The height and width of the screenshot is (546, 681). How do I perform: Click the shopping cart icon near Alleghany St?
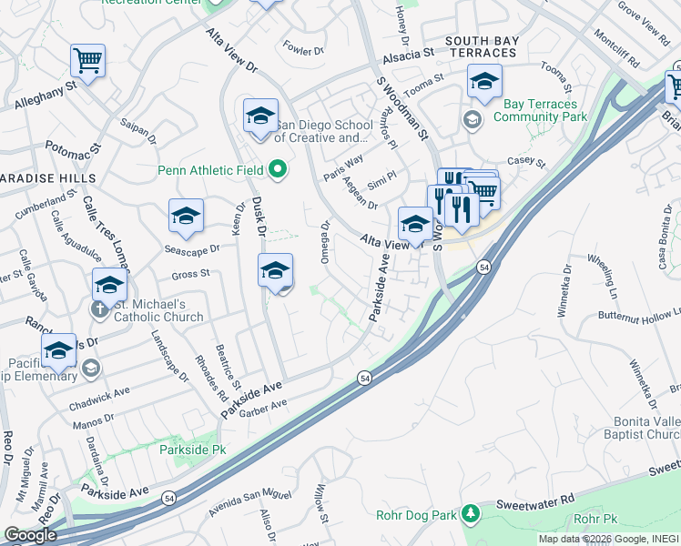[88, 61]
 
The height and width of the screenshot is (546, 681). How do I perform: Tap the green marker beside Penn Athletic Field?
[280, 169]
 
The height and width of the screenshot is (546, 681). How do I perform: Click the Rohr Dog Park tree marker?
[470, 515]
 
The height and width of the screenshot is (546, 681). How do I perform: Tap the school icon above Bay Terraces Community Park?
[485, 81]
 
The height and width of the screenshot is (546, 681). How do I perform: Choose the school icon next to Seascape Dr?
[186, 217]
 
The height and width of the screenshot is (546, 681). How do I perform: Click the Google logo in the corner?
[31, 534]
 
